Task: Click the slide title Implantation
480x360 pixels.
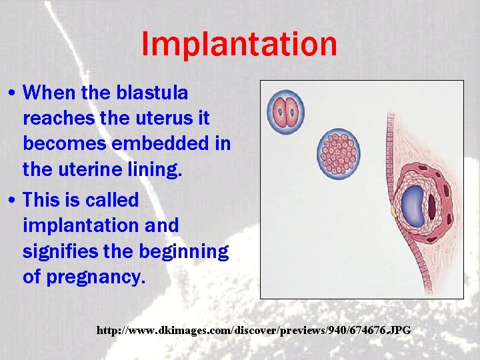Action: (x=239, y=45)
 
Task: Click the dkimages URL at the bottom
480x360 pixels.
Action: (x=254, y=330)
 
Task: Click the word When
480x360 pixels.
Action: (x=46, y=93)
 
